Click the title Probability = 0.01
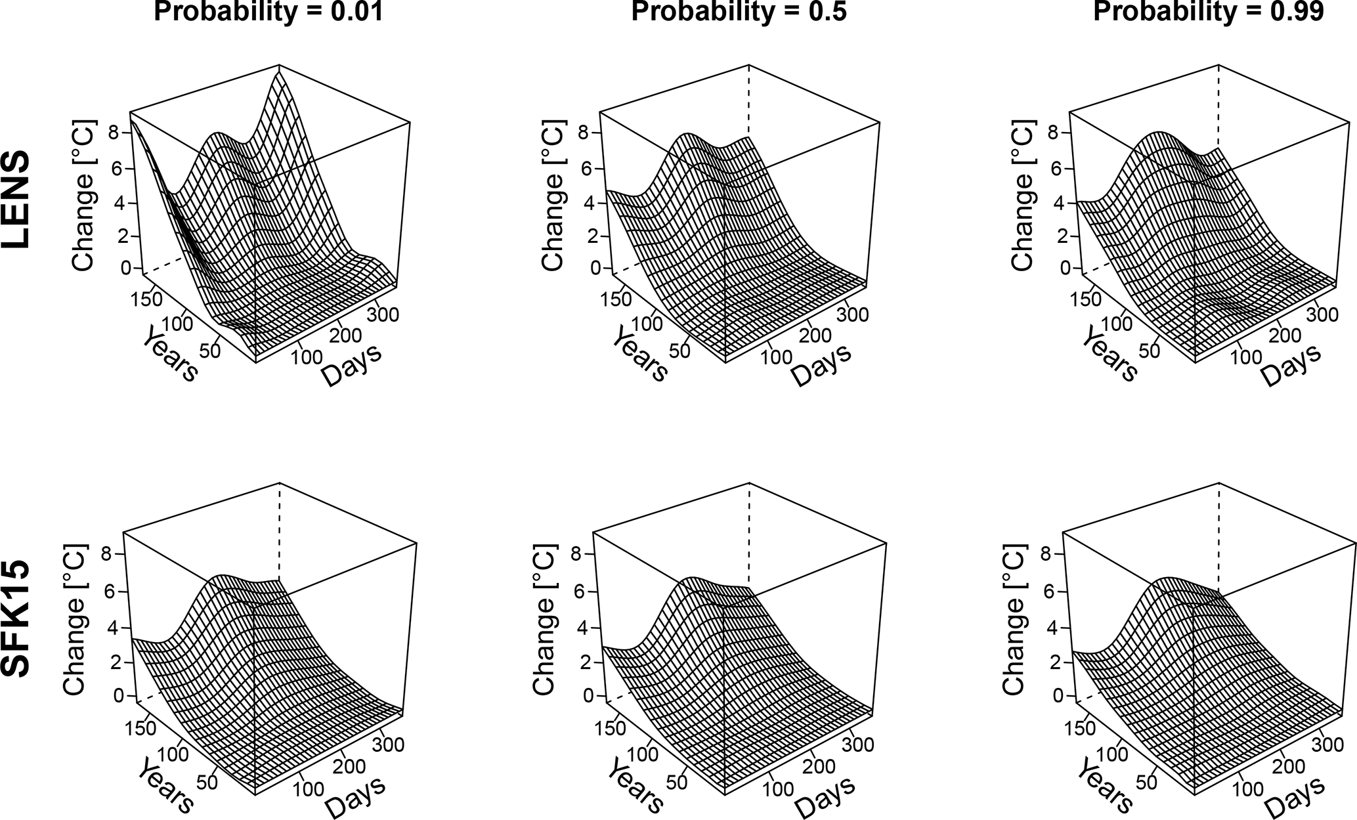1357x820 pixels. click(268, 12)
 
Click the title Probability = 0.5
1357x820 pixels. click(739, 12)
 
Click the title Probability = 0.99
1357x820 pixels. click(1208, 12)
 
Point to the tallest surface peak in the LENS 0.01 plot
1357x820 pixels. click(280, 73)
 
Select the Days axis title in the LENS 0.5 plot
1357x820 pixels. click(821, 364)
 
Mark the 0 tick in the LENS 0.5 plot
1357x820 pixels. click(595, 268)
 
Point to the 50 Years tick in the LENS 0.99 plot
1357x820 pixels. click(1148, 350)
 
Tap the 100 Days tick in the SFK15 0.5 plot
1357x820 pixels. click(779, 788)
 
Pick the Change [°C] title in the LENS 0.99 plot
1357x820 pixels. click(1023, 196)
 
